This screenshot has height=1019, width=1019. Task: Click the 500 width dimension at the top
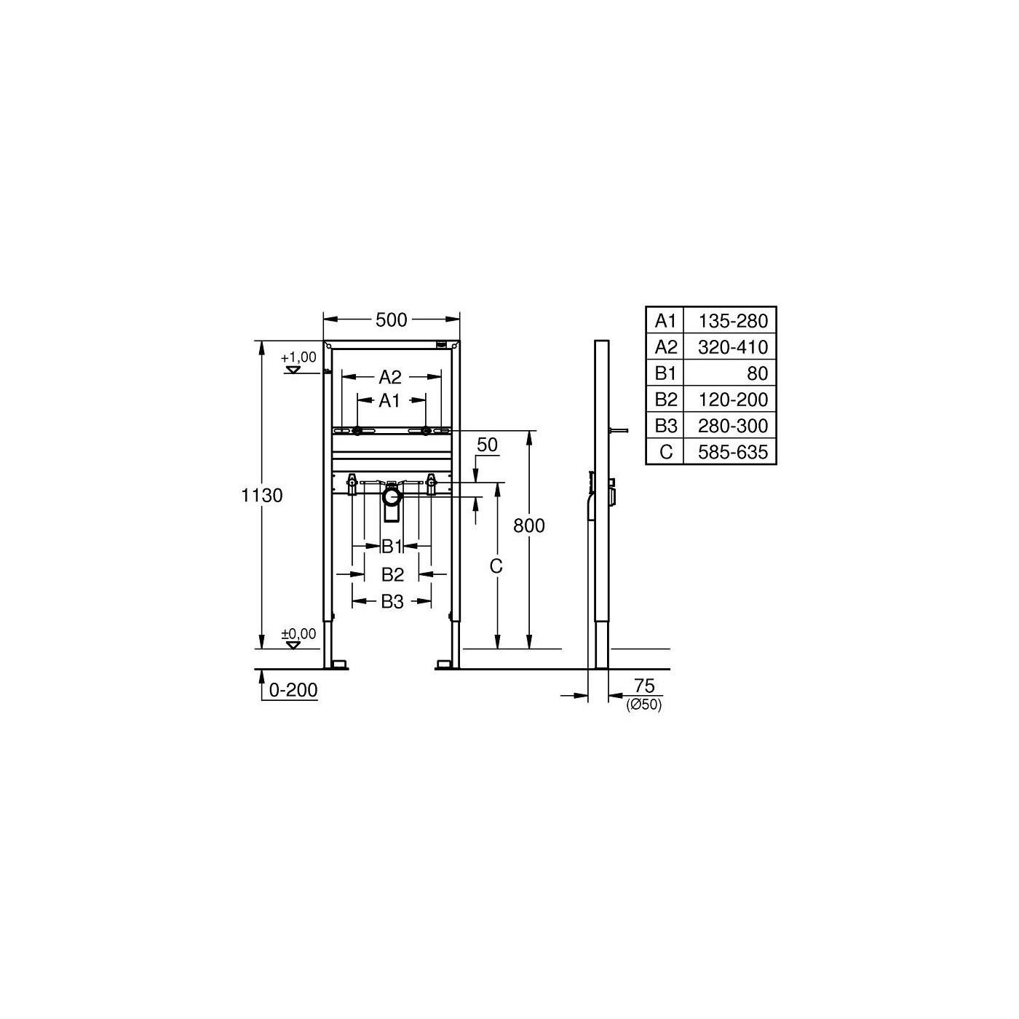[392, 320]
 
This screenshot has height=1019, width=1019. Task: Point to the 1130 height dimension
[262, 496]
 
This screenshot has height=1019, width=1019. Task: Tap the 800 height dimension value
[529, 526]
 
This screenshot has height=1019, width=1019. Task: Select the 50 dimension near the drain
[487, 445]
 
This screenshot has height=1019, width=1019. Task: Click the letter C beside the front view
[496, 566]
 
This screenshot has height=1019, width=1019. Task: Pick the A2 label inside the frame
[390, 377]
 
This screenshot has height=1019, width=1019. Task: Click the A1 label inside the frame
[389, 401]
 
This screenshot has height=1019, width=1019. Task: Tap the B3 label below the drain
[392, 602]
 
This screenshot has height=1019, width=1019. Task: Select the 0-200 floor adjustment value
[293, 690]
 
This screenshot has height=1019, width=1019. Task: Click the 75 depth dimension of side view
[645, 686]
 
